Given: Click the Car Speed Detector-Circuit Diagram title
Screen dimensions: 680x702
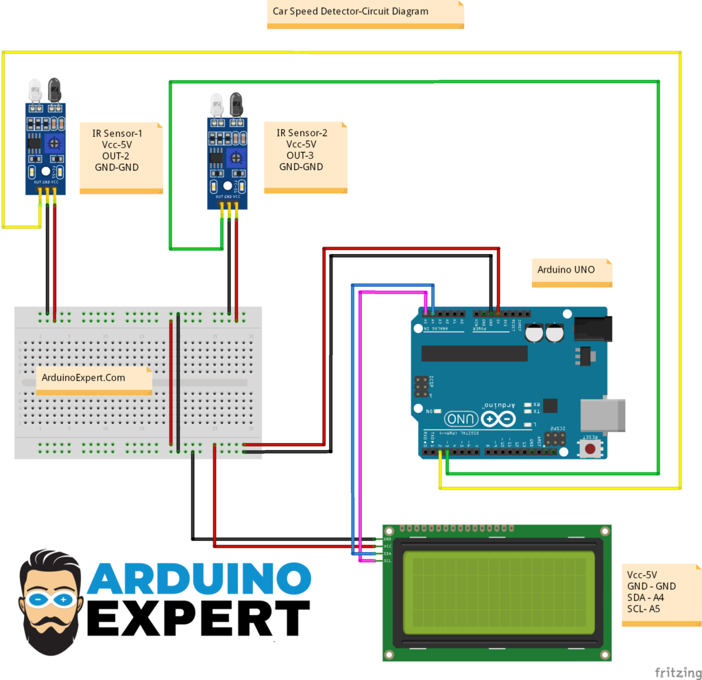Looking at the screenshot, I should (350, 12).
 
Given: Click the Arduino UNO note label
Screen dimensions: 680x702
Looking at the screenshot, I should (566, 270).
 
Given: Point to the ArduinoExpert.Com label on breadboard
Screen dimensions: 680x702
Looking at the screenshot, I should (84, 377).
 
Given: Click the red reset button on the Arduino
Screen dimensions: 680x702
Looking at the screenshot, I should (588, 449).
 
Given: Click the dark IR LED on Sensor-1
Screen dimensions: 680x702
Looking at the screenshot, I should (54, 88).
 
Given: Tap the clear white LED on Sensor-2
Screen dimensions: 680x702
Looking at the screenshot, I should (217, 105).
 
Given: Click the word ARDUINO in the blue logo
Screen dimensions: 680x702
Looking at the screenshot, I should (199, 579).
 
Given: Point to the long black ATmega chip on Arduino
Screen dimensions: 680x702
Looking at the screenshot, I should (474, 353).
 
